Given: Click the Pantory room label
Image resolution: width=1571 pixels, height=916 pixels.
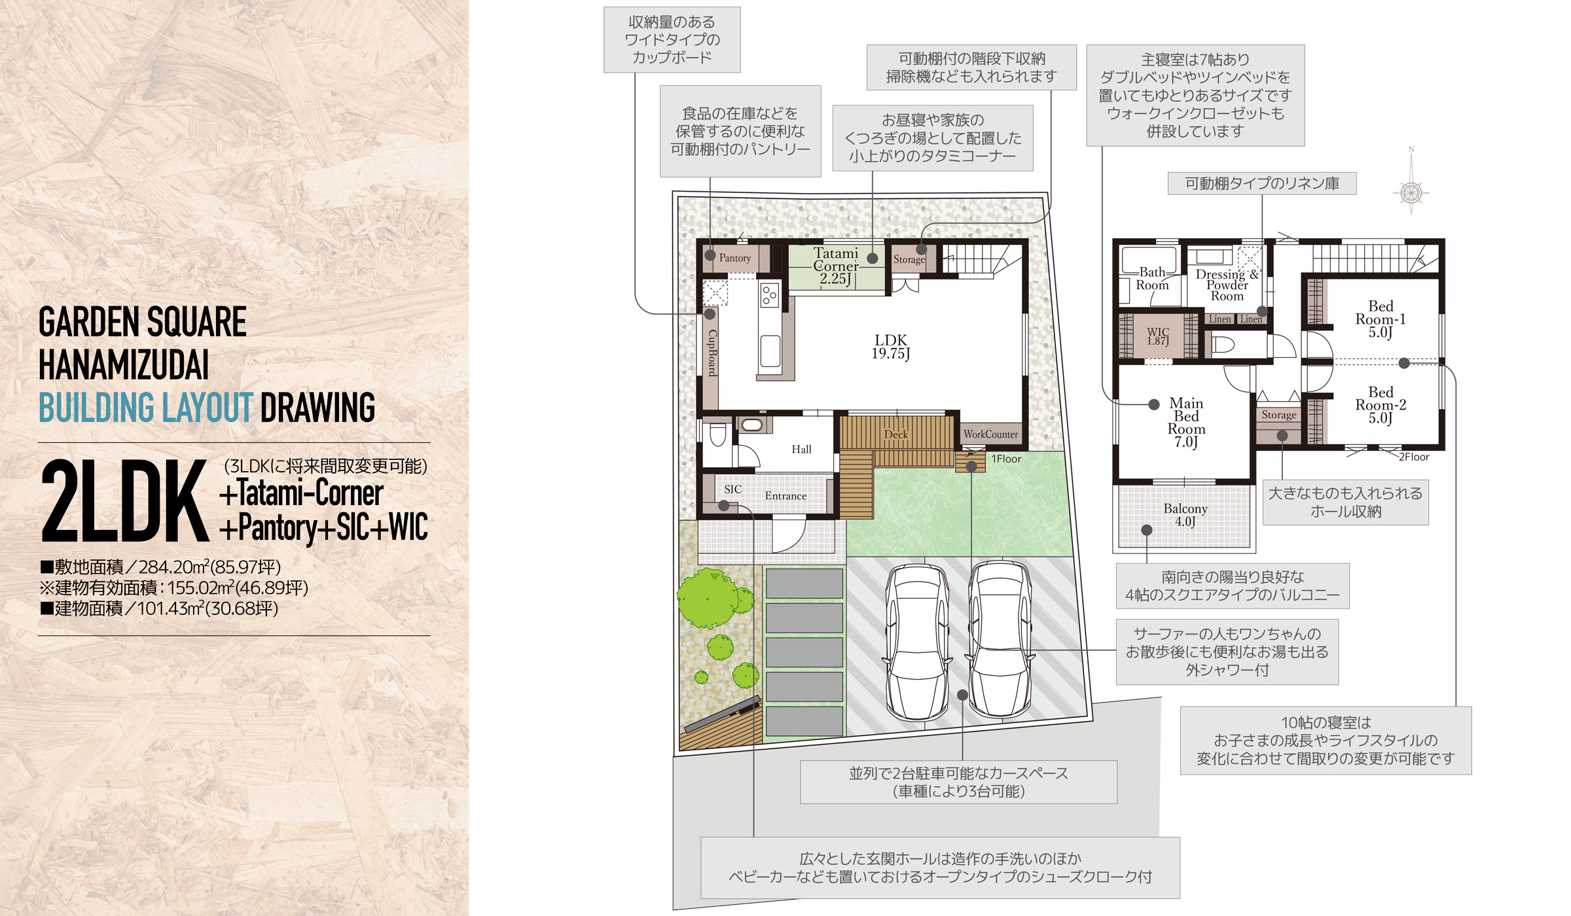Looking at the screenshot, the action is (735, 258).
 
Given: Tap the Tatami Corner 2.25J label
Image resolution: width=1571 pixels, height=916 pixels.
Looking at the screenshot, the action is (836, 266).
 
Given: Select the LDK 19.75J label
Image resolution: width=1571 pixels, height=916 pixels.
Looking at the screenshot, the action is (891, 347).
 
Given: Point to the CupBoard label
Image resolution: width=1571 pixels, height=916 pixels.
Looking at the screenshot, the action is (712, 353).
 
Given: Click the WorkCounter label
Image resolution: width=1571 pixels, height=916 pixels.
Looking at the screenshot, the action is (990, 434).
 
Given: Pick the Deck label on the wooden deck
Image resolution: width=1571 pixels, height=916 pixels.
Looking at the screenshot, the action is (896, 434).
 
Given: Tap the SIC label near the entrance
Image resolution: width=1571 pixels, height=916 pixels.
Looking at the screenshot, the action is (733, 489).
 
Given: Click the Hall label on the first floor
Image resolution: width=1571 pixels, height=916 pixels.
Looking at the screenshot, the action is (801, 449).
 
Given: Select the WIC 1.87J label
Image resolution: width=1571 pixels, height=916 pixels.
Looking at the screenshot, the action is (1158, 336).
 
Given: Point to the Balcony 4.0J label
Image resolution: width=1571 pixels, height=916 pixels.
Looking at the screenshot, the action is (1185, 515).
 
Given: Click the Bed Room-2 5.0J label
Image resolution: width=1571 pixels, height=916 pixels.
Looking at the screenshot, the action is (1381, 405).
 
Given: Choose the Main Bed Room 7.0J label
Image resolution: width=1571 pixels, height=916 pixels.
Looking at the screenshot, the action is (1186, 423).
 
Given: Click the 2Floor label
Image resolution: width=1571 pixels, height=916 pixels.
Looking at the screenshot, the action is (1414, 457).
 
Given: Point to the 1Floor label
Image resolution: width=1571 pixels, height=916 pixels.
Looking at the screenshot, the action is (1006, 459).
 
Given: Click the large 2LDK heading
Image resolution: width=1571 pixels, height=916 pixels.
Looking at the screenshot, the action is (124, 501).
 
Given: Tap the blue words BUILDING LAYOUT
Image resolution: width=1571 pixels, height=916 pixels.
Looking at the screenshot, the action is (146, 407).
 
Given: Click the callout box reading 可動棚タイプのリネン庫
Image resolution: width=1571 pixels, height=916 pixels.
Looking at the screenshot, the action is (1262, 183).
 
